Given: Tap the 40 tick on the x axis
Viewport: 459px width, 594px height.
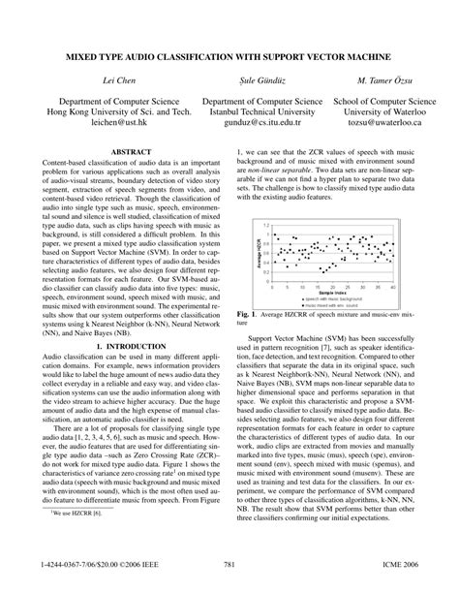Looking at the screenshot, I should tap(393, 287).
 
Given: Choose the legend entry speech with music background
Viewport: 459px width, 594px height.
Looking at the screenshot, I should tap(323, 297).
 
